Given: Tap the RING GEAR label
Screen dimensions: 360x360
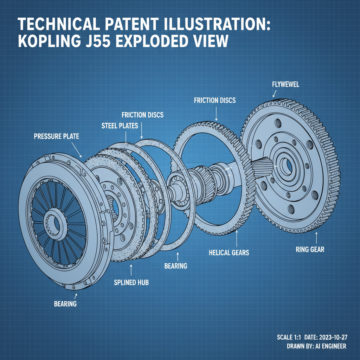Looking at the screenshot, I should pyautogui.click(x=310, y=250).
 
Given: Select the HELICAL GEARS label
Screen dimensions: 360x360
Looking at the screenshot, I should pyautogui.click(x=229, y=252).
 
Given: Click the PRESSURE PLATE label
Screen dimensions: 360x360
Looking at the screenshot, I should pyautogui.click(x=56, y=136).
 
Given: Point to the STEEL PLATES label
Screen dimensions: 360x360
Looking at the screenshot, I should pyautogui.click(x=120, y=126).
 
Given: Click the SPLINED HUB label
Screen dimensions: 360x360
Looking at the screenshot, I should pyautogui.click(x=131, y=282).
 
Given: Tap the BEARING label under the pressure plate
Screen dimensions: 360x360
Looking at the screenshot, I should pyautogui.click(x=65, y=303).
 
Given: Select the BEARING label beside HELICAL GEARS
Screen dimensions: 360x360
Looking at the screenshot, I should pyautogui.click(x=176, y=266).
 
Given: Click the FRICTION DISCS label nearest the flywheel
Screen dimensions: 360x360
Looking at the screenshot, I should pyautogui.click(x=215, y=101).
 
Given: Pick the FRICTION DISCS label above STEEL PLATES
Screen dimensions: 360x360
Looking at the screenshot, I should pyautogui.click(x=142, y=115).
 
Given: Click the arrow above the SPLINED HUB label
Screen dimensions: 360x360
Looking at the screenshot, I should pyautogui.click(x=131, y=269).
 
